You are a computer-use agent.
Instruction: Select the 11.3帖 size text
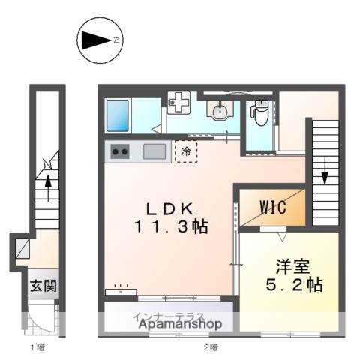click(171, 226)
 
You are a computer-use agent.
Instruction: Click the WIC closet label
click(272, 208)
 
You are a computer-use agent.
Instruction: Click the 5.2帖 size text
click(288, 286)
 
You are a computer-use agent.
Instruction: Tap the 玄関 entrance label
click(42, 286)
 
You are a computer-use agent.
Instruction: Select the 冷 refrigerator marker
click(185, 151)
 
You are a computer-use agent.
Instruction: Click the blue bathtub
click(120, 115)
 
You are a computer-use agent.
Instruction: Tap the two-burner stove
click(120, 151)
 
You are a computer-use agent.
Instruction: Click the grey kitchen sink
click(154, 151)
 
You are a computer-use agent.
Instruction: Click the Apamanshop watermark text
click(178, 325)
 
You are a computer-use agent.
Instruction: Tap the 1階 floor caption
click(37, 347)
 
